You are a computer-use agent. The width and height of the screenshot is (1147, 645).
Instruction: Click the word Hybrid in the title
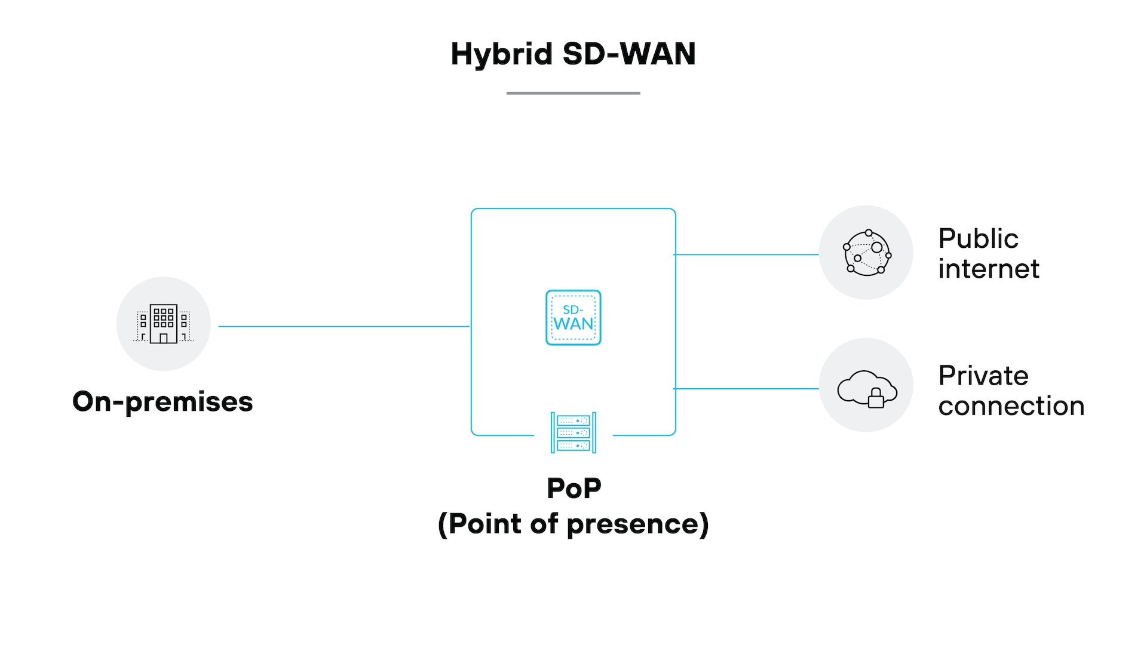pyautogui.click(x=501, y=55)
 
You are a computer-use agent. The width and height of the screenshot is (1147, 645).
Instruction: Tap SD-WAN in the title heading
pyautogui.click(x=629, y=54)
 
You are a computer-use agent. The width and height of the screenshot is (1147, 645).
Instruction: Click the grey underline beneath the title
pyautogui.click(x=573, y=93)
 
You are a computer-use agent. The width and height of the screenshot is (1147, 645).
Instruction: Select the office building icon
pyautogui.click(x=164, y=324)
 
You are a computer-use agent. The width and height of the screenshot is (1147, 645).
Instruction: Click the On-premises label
pyautogui.click(x=162, y=402)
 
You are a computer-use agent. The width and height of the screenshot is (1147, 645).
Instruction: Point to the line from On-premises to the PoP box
pyautogui.click(x=344, y=326)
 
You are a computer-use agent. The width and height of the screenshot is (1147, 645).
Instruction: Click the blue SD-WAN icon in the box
pyautogui.click(x=573, y=318)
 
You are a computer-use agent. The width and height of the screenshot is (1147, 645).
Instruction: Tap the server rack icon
pyautogui.click(x=573, y=432)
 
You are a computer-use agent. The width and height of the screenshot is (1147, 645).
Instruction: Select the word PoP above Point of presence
pyautogui.click(x=573, y=489)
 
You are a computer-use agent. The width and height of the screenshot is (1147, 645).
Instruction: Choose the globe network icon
pyautogui.click(x=866, y=253)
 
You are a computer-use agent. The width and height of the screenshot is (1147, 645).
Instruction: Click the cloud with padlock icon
pyautogui.click(x=866, y=388)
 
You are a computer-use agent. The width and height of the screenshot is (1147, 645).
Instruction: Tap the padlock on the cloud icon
pyautogui.click(x=876, y=398)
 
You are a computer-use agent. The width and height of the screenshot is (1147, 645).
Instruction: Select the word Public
pyautogui.click(x=978, y=239)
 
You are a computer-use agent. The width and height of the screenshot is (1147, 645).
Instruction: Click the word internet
pyautogui.click(x=989, y=269)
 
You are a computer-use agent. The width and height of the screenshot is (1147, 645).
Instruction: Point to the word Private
pyautogui.click(x=983, y=376)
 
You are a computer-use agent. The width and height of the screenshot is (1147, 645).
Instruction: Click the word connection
pyautogui.click(x=1011, y=406)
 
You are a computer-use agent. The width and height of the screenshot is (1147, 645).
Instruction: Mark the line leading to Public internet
pyautogui.click(x=747, y=254)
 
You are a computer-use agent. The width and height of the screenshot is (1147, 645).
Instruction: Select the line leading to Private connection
pyautogui.click(x=747, y=389)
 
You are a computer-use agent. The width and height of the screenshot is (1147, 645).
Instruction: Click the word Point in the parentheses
pyautogui.click(x=485, y=524)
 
